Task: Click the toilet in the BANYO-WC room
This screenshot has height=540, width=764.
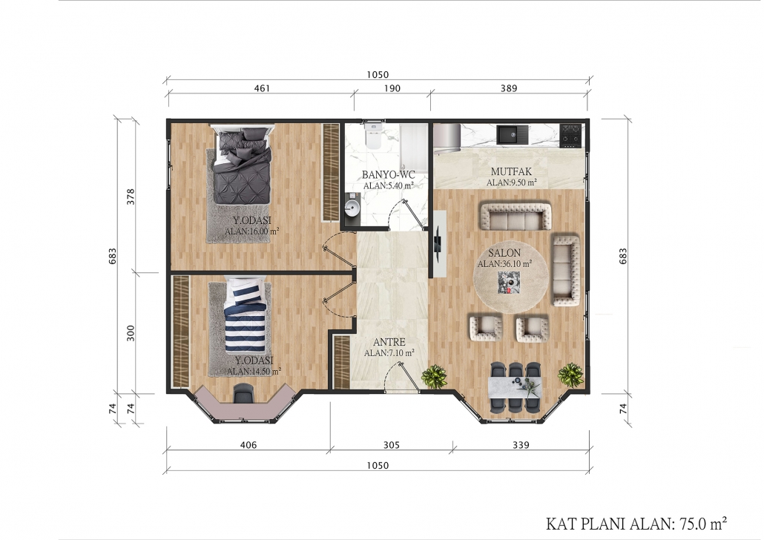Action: (x=374, y=136)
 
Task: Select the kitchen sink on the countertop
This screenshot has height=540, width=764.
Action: (x=512, y=134)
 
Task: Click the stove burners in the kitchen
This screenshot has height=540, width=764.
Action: (x=570, y=136)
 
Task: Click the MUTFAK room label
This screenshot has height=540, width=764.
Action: (x=511, y=171)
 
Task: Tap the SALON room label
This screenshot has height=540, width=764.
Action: (x=504, y=253)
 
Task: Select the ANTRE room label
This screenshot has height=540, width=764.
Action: (x=389, y=342)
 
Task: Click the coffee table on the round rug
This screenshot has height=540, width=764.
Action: (x=507, y=283)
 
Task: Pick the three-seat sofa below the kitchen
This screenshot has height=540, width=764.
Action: (x=516, y=217)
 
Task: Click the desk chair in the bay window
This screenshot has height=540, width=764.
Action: (x=243, y=393)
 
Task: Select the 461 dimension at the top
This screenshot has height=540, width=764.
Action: (x=262, y=88)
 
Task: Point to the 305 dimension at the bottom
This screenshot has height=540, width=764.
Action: (x=391, y=445)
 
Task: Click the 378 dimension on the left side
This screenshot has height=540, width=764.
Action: (x=131, y=196)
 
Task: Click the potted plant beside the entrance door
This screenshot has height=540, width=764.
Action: (x=433, y=376)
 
